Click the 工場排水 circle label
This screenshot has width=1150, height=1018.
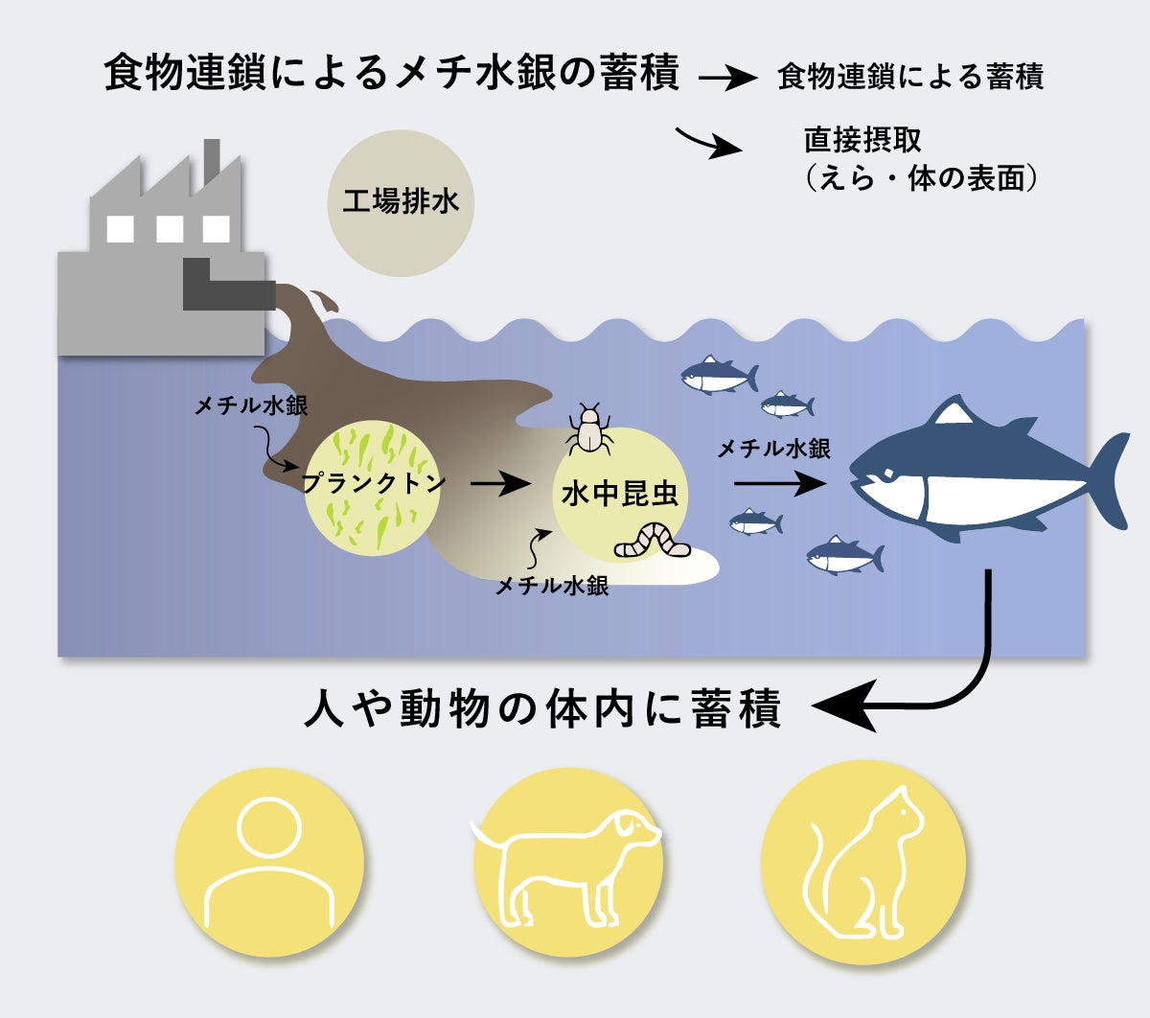click(401, 201)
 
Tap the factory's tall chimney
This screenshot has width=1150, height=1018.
click(211, 162)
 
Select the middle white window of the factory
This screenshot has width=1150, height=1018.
click(170, 229)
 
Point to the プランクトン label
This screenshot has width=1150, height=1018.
click(373, 483)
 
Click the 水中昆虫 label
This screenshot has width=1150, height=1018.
click(620, 494)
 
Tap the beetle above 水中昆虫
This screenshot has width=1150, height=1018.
click(589, 429)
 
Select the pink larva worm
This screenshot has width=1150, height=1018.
click(653, 540)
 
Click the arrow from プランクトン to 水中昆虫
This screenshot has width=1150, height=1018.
click(499, 484)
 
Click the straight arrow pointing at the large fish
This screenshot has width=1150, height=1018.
click(780, 484)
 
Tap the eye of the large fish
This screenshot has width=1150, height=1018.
click(887, 474)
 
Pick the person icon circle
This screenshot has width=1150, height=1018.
click(269, 862)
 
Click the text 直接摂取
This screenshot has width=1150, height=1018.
click(862, 140)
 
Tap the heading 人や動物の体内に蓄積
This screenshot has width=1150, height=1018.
click(542, 708)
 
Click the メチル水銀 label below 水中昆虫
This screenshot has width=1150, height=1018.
click(552, 586)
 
